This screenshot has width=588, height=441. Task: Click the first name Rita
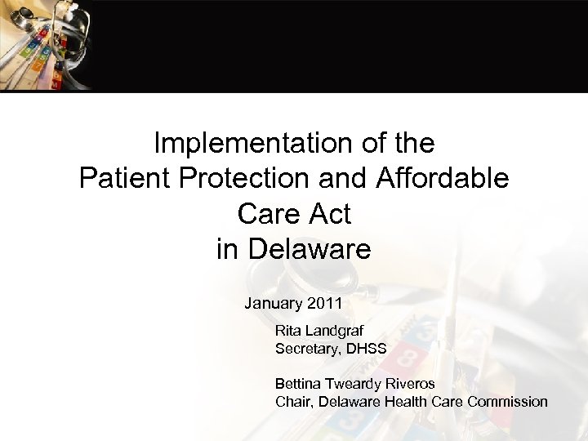pos(288,332)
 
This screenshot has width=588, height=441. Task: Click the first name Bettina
pos(299,384)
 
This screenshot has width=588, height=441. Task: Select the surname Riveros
pos(412,384)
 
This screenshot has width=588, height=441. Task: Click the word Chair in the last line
pos(293,401)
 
